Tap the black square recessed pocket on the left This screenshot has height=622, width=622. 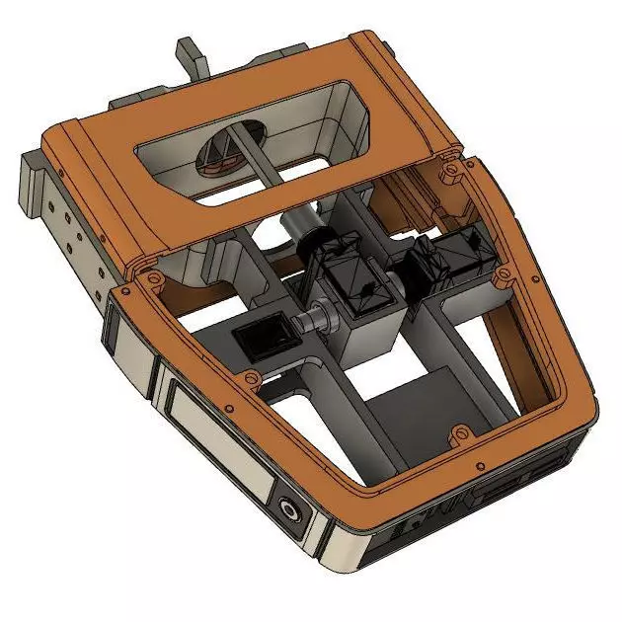click(x=263, y=337)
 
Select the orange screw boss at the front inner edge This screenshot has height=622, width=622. click(x=458, y=433)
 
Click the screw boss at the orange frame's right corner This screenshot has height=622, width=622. click(x=452, y=170)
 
